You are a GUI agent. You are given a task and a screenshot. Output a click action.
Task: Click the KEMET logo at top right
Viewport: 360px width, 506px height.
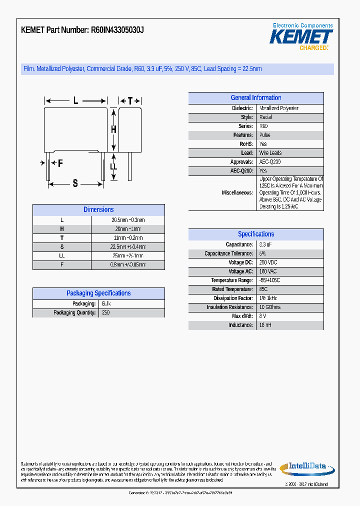coord(301,36)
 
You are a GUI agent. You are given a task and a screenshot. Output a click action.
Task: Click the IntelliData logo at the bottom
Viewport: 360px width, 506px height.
coord(306,467)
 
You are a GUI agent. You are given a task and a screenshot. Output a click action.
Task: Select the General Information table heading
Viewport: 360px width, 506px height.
coord(255,98)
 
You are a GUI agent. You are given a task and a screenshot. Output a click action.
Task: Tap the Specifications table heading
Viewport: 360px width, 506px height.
coord(255,234)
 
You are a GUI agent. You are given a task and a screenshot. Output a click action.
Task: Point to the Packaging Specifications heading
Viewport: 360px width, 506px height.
coord(98,293)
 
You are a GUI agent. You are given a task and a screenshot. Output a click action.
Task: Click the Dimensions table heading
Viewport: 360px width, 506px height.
coord(98,210)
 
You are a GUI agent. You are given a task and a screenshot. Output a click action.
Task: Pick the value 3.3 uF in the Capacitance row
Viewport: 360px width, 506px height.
coord(265,244)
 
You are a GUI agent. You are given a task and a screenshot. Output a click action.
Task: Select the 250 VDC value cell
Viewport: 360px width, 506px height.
coord(268,262)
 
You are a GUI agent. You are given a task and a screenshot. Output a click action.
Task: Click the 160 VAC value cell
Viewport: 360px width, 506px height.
coord(268,271)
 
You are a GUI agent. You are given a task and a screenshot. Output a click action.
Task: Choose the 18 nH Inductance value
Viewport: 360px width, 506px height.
coord(265,325)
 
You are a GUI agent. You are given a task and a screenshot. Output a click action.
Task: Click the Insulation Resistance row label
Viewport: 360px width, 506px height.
coord(229,307)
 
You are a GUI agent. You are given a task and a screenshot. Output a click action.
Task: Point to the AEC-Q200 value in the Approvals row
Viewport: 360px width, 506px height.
coord(270,162)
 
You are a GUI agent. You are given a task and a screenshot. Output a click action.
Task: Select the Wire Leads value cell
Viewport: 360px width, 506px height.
coord(270,153)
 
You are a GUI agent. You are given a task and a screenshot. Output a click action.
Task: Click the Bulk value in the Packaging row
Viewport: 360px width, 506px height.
coord(106,303)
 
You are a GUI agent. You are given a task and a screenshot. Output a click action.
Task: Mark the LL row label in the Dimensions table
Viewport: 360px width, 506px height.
coord(62,255)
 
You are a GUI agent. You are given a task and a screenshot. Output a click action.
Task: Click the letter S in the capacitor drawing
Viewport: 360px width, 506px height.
coord(75,183)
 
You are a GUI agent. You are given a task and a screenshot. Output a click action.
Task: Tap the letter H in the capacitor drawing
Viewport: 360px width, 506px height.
coord(113,129)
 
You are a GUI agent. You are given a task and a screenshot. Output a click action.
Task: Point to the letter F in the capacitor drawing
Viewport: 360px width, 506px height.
coord(60,163)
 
